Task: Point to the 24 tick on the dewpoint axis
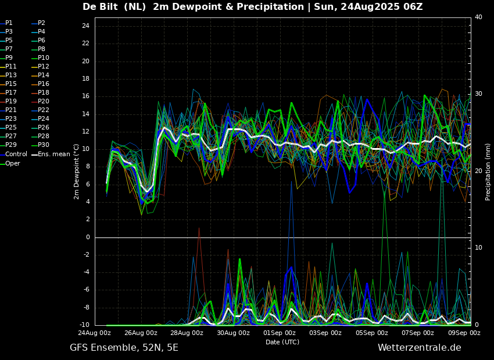(85, 26)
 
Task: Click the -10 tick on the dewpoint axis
(84, 325)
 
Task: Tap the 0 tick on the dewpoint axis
(88, 237)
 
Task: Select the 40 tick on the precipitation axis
(478, 17)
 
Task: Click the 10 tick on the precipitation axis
(478, 248)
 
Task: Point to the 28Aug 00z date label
(187, 333)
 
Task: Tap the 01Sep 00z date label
(280, 333)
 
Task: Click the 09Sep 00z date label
(464, 333)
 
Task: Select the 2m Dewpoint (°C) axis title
(76, 172)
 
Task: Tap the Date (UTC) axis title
(282, 342)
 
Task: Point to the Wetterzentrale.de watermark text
(420, 348)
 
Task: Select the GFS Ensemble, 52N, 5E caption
(124, 348)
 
